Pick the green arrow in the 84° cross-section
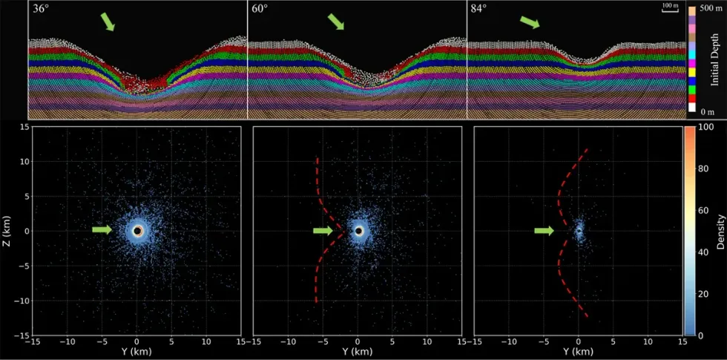click(529, 22)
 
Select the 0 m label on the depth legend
click(709, 110)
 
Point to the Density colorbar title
click(720, 231)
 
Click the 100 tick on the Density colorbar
click(707, 128)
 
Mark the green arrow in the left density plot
click(101, 231)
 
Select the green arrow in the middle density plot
click(322, 231)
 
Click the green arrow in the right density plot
click(544, 231)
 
